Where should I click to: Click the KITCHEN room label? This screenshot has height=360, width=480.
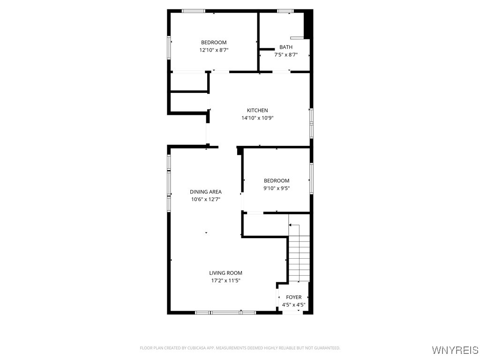click(x=257, y=110)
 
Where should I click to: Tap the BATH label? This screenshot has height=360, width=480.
click(x=286, y=47)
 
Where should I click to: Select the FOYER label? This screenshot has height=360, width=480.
click(x=294, y=297)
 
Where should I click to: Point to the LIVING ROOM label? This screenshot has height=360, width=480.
click(x=225, y=273)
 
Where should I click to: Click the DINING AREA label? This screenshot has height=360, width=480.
click(x=206, y=192)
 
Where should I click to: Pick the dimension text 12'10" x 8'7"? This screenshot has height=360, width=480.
click(x=214, y=50)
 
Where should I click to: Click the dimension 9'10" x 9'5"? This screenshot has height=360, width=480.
click(x=277, y=188)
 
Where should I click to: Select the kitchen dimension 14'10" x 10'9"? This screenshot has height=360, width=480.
click(x=257, y=118)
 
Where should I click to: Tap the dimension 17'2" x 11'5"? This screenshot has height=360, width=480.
click(x=225, y=281)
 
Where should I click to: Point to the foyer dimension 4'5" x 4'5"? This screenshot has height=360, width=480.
click(x=294, y=305)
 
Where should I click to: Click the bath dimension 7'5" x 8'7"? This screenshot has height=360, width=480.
click(x=286, y=55)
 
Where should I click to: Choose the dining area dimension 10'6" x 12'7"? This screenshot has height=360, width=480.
click(x=206, y=199)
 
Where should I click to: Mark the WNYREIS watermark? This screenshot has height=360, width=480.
click(x=455, y=350)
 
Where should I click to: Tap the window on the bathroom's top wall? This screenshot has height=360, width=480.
click(x=285, y=11)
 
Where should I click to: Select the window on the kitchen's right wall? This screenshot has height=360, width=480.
click(x=311, y=123)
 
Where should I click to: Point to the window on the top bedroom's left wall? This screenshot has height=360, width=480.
click(x=169, y=48)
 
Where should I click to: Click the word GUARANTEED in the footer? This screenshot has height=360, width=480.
click(x=327, y=348)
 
